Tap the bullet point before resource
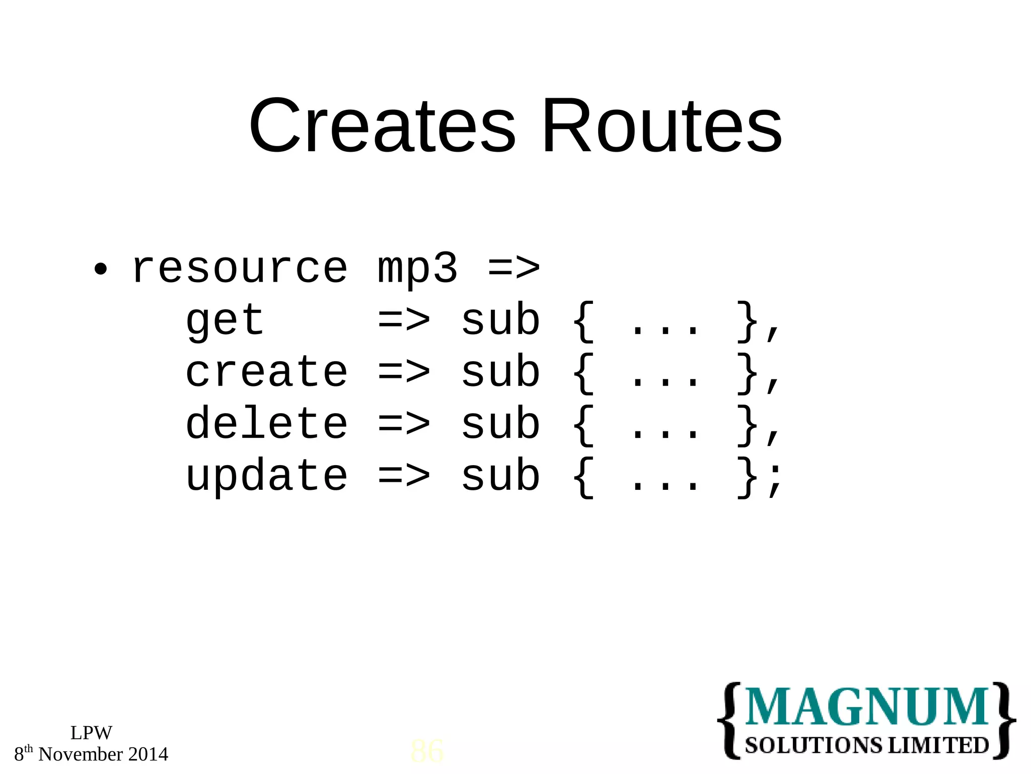tap(101, 269)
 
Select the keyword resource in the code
tap(240, 268)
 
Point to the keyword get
tap(225, 321)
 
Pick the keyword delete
tap(266, 424)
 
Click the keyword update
tap(266, 477)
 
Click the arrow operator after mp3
tap(514, 268)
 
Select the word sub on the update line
tap(500, 476)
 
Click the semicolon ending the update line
tap(775, 479)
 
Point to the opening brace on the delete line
tap(583, 425)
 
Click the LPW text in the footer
tap(91, 733)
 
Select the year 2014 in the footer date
tap(148, 754)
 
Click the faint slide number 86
tap(427, 751)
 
